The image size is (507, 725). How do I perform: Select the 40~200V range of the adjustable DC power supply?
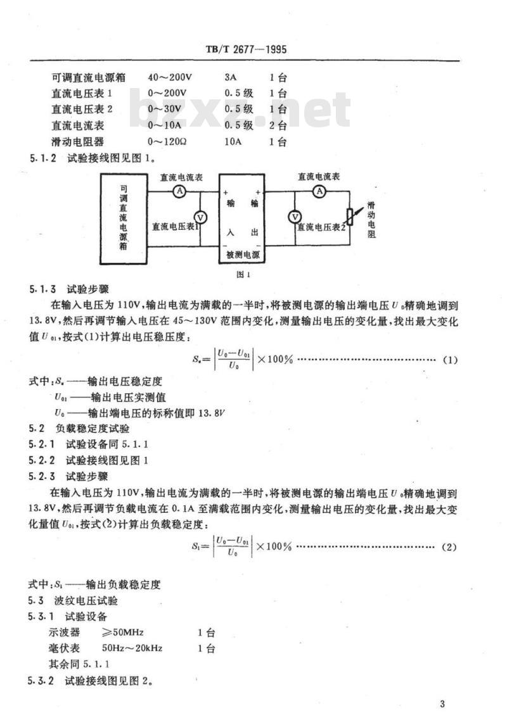click(169, 79)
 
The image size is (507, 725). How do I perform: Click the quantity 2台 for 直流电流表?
click(278, 126)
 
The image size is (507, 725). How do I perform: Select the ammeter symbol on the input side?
click(179, 191)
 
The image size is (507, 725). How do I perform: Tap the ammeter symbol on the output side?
click(321, 191)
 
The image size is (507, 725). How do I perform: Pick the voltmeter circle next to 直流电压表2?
click(294, 217)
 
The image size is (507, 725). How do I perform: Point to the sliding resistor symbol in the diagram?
click(350, 218)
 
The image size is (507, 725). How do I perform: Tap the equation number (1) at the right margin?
click(449, 360)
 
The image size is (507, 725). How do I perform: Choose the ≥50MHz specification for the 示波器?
click(124, 633)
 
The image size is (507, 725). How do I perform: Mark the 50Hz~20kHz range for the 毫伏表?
click(132, 648)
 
